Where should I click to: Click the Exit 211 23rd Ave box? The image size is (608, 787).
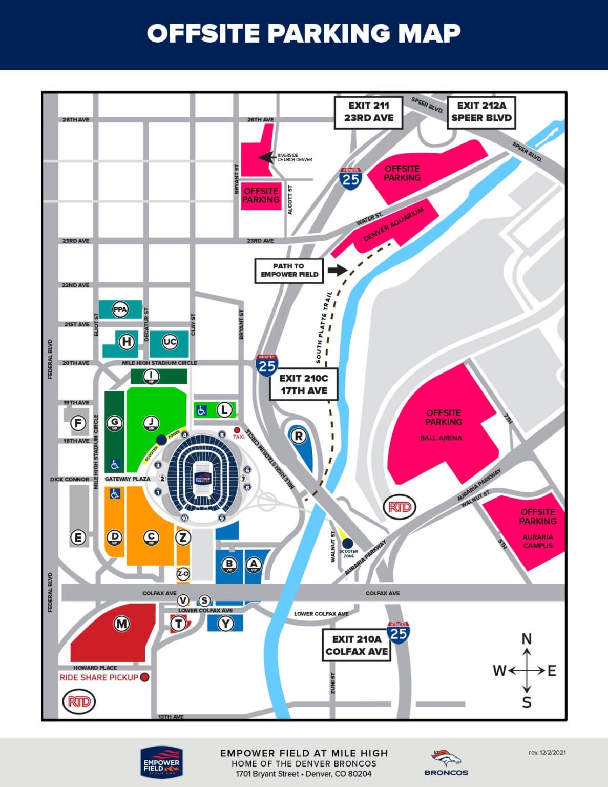(x=368, y=112)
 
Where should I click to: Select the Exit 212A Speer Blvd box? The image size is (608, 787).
(x=481, y=112)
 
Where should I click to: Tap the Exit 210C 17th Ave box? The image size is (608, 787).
(x=304, y=384)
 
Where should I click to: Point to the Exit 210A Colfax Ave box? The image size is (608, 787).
(x=357, y=645)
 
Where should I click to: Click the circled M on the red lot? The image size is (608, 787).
(x=121, y=624)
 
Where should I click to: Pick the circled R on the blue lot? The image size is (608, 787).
(x=299, y=436)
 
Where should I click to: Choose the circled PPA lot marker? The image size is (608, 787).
(x=120, y=309)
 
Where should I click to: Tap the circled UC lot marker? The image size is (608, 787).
(x=170, y=342)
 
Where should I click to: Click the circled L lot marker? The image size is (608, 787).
(x=224, y=409)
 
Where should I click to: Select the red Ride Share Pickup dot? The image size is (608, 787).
(x=144, y=677)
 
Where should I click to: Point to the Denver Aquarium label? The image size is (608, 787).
(x=393, y=224)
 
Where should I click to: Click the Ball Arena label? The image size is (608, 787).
(x=441, y=438)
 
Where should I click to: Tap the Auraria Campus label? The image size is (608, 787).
(x=537, y=541)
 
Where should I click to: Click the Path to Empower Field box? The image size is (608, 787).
(x=289, y=270)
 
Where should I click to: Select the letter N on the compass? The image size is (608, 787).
(x=527, y=639)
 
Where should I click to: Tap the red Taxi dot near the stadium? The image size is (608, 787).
(x=237, y=430)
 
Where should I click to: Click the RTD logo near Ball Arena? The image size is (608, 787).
(x=400, y=507)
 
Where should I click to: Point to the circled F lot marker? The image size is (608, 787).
(x=78, y=423)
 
